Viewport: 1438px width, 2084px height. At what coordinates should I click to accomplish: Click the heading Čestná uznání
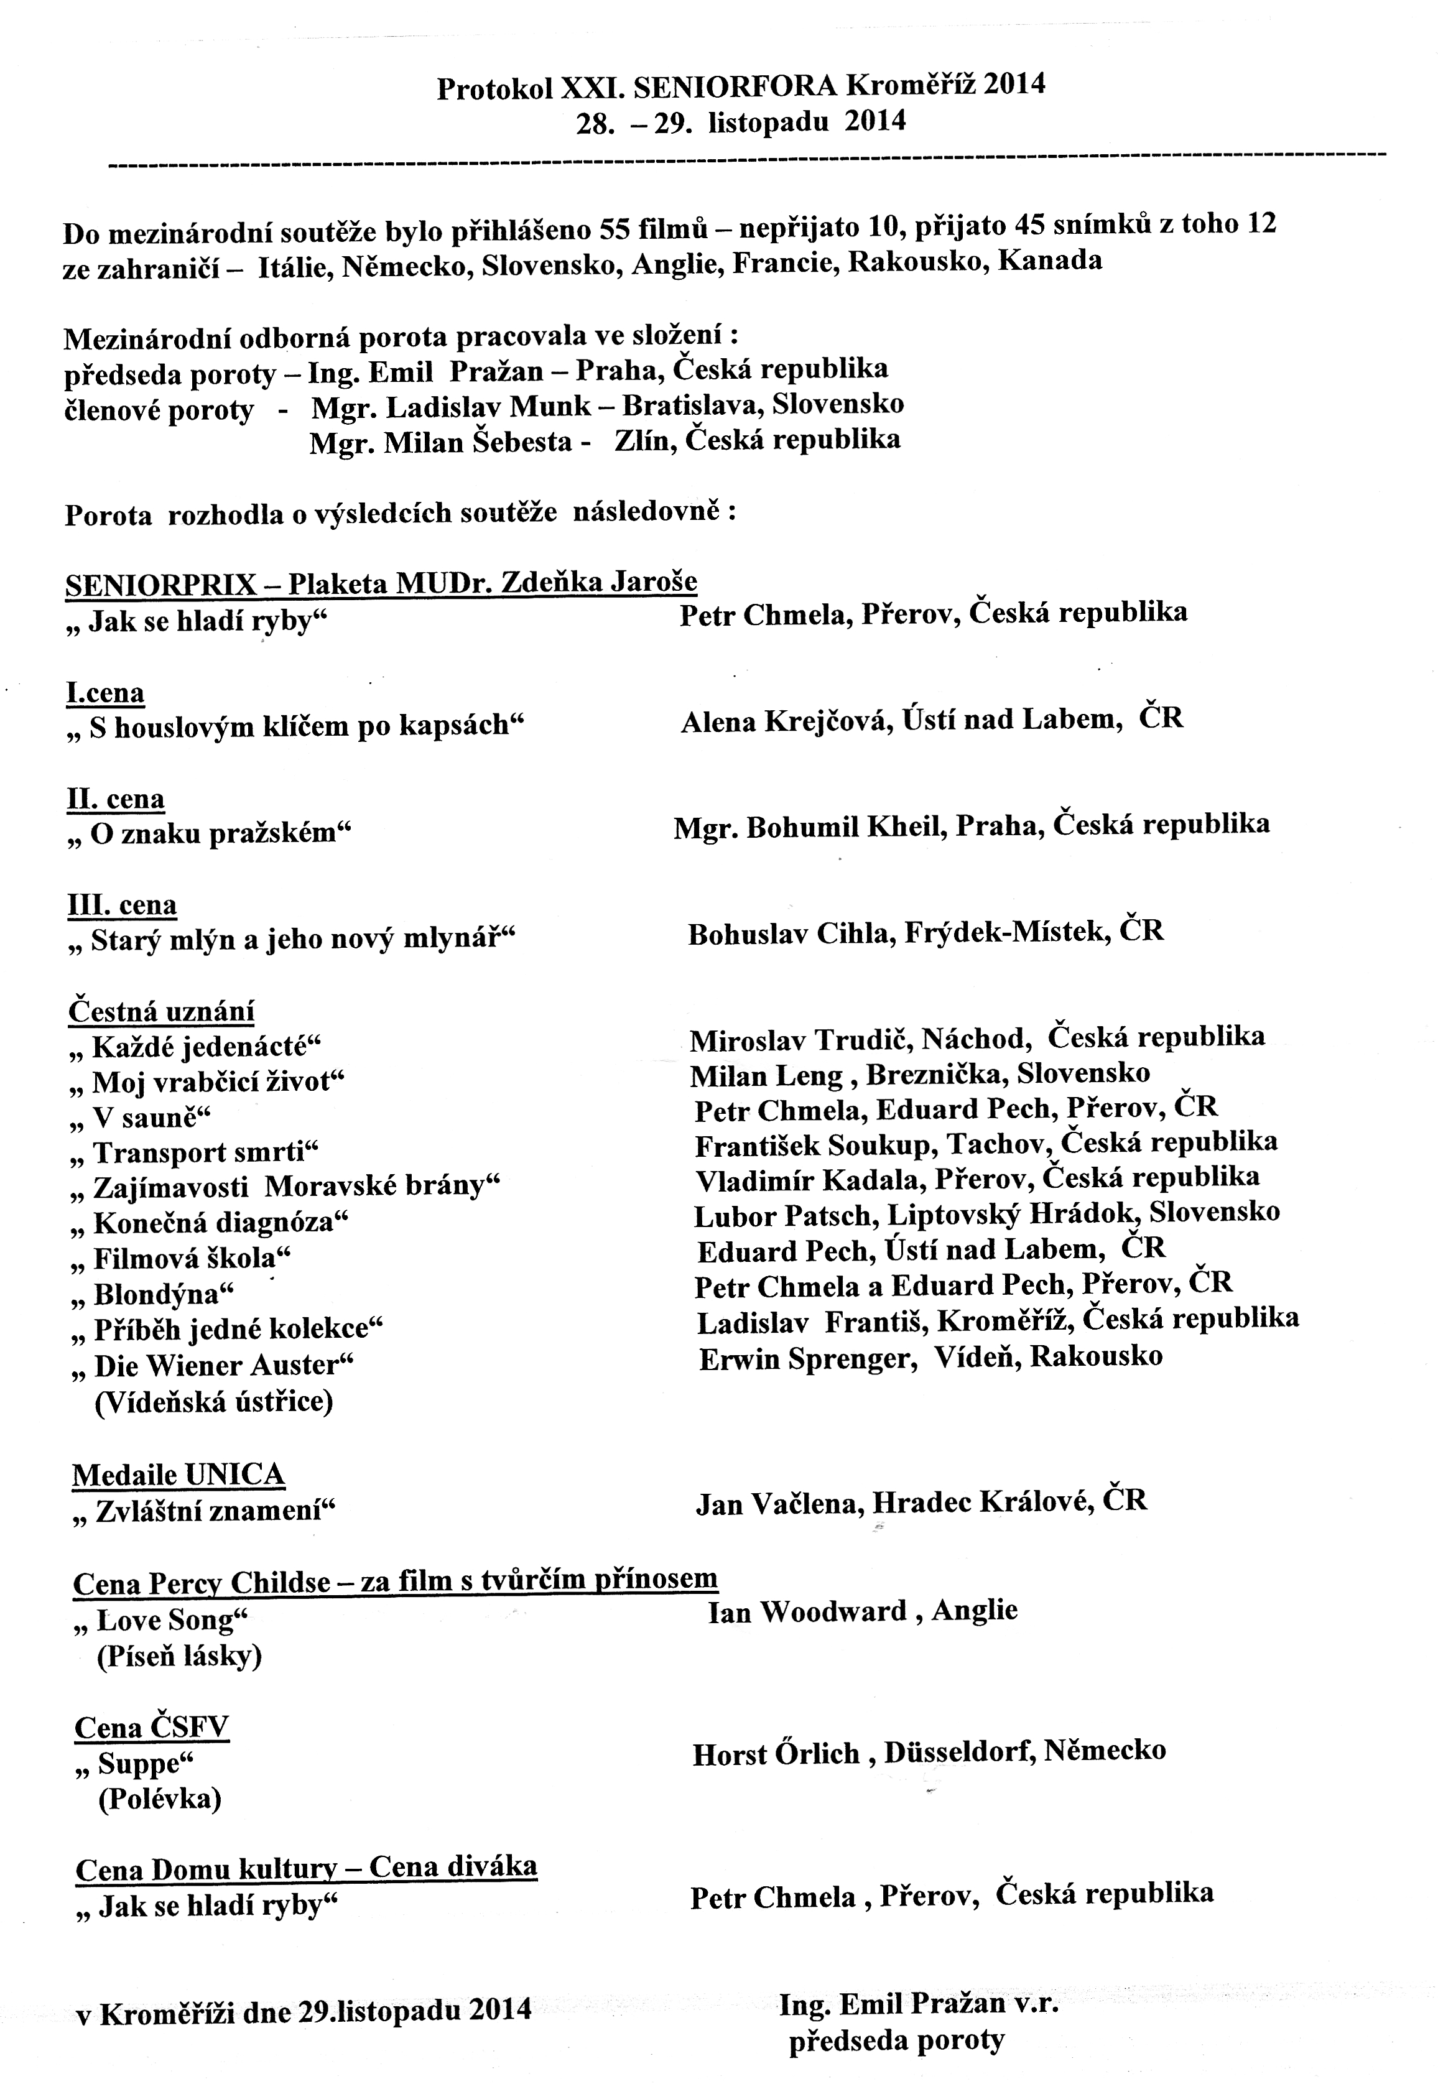point(161,1011)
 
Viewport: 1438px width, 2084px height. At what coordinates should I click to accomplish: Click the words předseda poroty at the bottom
point(896,2040)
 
